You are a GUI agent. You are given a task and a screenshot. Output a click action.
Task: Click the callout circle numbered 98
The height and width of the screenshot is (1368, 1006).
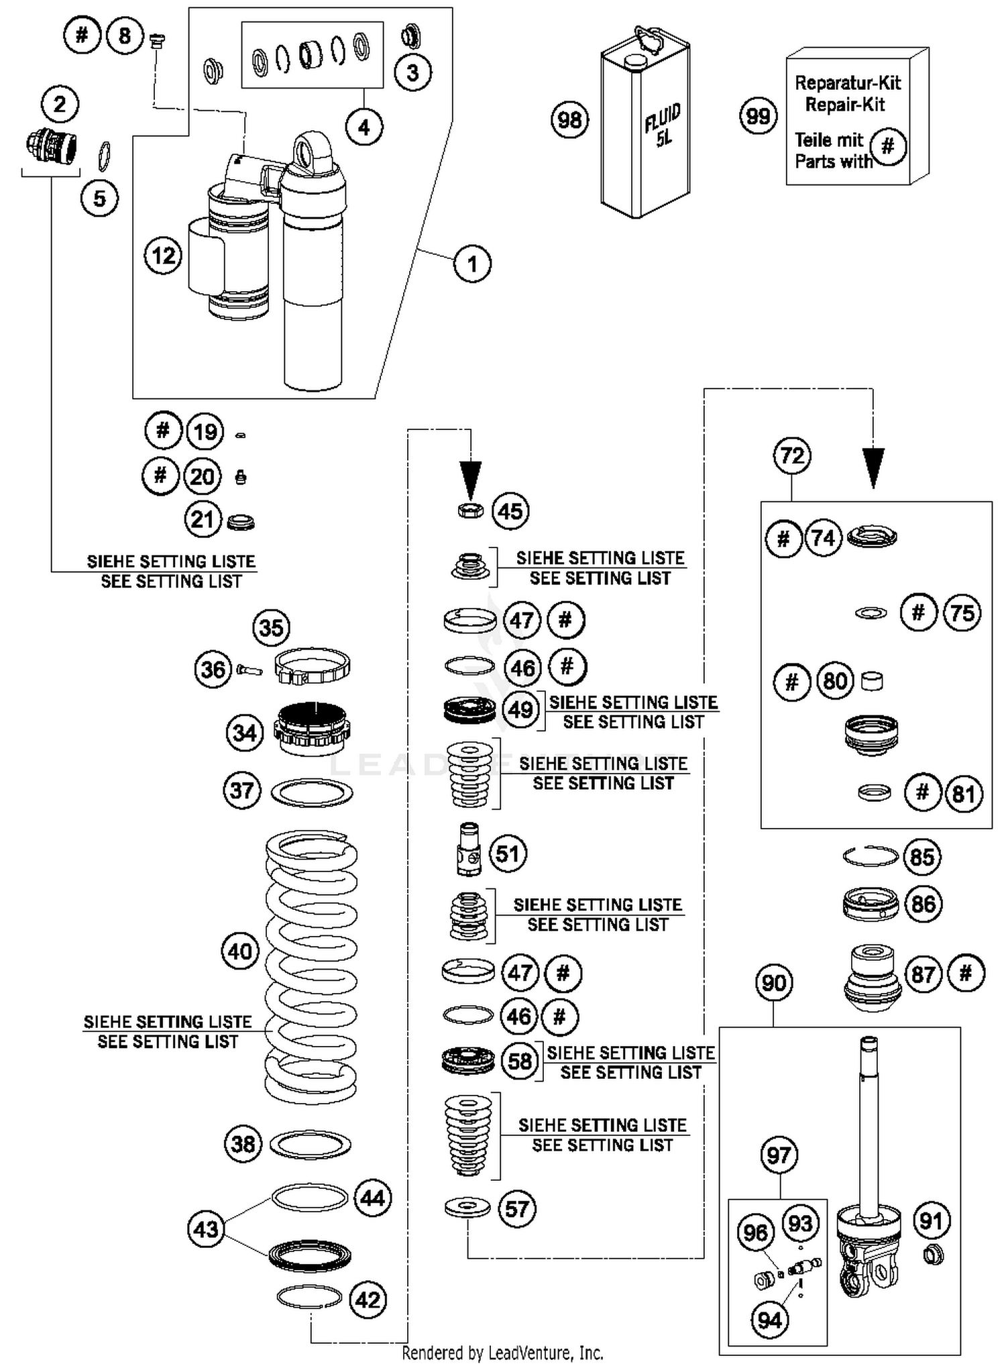coord(569,120)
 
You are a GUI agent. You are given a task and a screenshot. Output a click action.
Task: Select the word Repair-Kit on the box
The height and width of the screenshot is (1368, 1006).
coord(844,105)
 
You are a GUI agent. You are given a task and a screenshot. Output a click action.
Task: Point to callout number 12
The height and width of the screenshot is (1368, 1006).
coord(163,256)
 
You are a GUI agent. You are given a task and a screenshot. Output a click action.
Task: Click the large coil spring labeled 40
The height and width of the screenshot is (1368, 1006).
coord(311,966)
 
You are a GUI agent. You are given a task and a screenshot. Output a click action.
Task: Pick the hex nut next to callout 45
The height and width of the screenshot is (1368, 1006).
coord(470,511)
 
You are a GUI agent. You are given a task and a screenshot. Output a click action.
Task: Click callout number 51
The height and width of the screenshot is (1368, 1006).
coord(508,853)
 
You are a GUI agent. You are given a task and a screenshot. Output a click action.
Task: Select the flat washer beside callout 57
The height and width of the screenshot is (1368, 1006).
coord(467,1208)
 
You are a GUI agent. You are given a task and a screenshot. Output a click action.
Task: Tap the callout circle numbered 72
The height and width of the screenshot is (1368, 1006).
coord(792,456)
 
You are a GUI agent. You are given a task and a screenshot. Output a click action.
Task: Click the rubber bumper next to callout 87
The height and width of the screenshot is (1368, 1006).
coord(871,978)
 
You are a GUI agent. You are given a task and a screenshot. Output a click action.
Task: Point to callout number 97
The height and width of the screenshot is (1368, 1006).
coord(778,1155)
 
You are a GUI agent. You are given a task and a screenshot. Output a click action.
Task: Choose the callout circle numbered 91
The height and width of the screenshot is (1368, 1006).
coord(931,1220)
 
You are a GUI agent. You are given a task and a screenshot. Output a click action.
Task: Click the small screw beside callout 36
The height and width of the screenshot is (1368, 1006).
coord(249,670)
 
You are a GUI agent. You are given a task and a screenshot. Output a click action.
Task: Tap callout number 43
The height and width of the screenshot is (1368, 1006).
coord(206,1229)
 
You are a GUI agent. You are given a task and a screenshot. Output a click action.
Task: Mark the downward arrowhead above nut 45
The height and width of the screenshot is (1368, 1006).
coord(471,476)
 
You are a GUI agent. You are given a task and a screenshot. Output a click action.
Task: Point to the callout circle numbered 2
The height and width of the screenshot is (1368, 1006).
coord(60,105)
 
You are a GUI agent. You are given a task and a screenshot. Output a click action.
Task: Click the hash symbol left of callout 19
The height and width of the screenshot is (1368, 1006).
coord(163,431)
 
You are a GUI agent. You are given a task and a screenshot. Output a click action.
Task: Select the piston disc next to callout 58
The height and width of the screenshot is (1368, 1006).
coord(469,1061)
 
